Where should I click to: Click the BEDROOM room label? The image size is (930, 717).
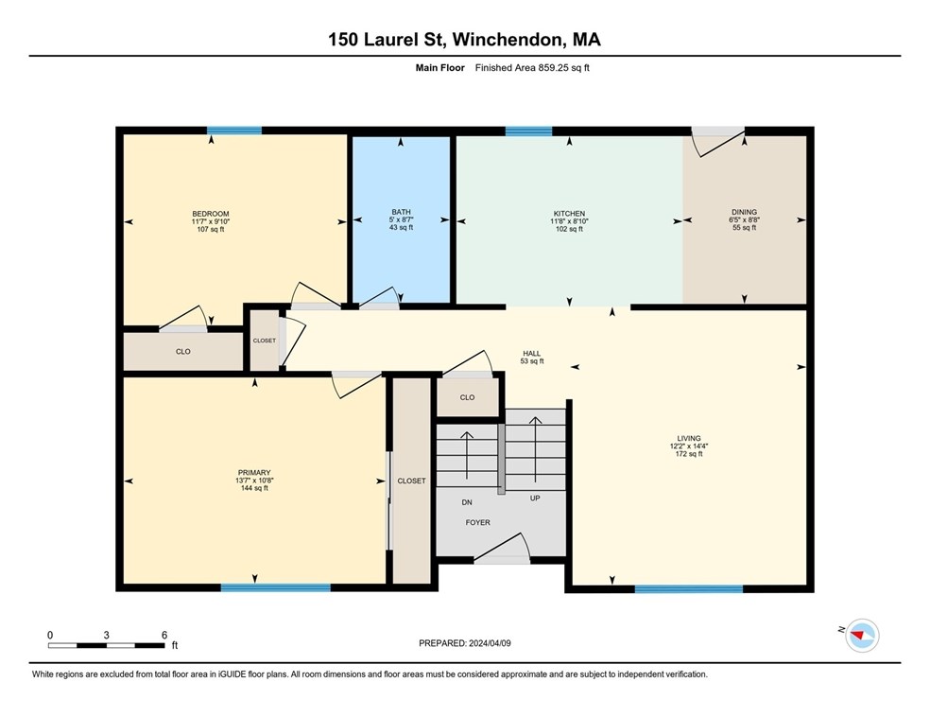[211, 214]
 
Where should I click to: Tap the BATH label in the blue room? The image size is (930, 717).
[401, 212]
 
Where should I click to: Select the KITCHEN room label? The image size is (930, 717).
[569, 214]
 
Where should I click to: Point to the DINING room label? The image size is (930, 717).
[745, 212]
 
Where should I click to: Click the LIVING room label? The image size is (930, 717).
[689, 439]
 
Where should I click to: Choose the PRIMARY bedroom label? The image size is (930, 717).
[254, 473]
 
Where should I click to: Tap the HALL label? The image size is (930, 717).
[532, 354]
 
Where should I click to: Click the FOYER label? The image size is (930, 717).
[478, 523]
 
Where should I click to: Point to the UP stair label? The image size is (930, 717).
[535, 498]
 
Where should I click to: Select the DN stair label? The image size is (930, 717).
[467, 502]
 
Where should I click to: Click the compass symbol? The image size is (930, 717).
[862, 635]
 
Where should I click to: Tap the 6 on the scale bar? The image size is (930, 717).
[164, 635]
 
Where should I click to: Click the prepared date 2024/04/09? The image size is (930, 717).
[490, 643]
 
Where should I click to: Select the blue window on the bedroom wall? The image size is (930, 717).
[234, 131]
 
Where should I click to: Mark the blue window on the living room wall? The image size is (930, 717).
[689, 588]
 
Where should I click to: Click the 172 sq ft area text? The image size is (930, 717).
[689, 454]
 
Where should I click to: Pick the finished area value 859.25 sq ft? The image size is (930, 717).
[563, 68]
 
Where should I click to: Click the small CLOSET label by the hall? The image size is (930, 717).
[265, 341]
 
